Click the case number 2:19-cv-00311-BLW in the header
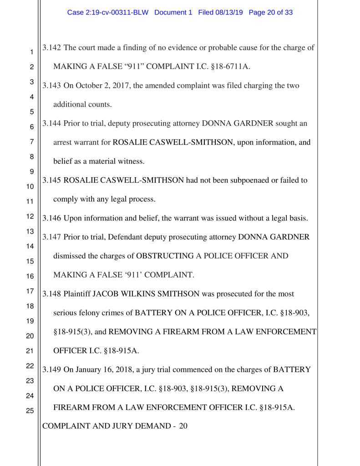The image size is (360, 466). point(108,13)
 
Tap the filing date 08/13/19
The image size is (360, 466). point(229,13)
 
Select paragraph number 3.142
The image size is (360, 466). point(52,48)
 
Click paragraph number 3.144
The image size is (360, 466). point(52,123)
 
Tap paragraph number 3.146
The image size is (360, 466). point(52,218)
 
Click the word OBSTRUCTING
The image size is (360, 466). point(165,256)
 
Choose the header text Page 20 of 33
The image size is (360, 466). point(271,13)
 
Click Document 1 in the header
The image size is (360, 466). point(173,13)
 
